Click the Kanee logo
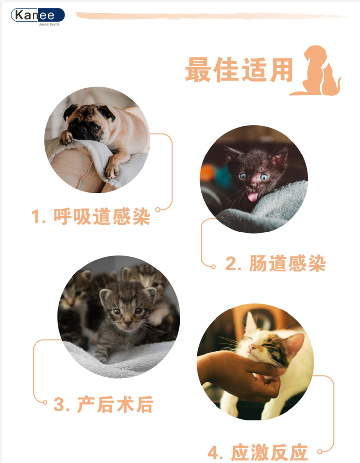click(38, 16)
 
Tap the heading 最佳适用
click(239, 70)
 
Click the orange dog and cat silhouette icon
click(316, 71)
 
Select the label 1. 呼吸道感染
click(91, 216)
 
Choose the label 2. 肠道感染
click(276, 264)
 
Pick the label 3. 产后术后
click(104, 404)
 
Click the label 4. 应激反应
click(257, 452)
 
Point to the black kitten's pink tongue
click(252, 197)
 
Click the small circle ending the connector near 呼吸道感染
click(158, 210)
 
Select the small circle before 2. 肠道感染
click(213, 267)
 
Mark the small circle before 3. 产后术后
click(45, 402)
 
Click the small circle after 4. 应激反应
click(319, 452)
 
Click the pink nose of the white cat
click(252, 347)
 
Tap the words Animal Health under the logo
click(49, 24)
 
